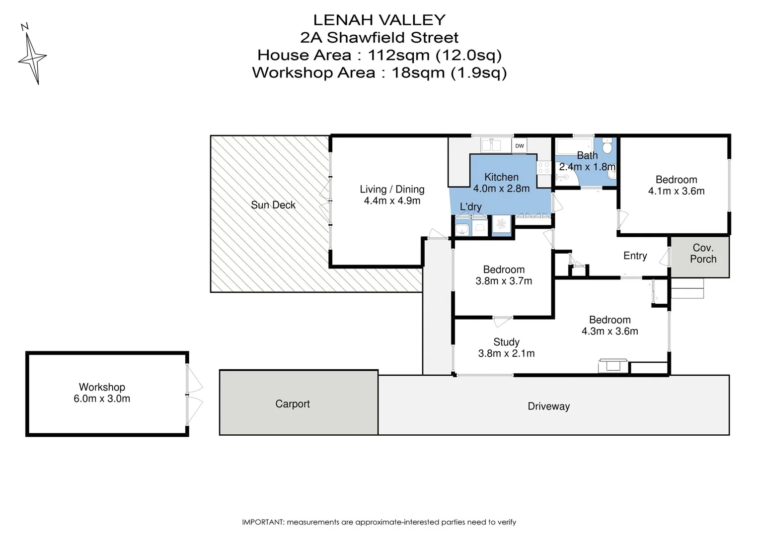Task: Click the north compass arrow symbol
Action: (32, 54)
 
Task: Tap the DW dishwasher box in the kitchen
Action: (520, 146)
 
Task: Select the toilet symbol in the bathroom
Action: (607, 146)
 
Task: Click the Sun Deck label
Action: (273, 205)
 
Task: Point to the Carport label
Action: (293, 403)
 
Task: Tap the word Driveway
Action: (548, 406)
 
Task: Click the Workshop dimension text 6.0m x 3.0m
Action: (102, 399)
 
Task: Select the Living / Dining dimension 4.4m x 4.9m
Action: (392, 201)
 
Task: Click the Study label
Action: (506, 342)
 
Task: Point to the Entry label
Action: (635, 256)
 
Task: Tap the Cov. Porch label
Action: (703, 253)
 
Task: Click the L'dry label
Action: (470, 206)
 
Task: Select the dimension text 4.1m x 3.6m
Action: (677, 191)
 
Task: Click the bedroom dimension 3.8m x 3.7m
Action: (504, 281)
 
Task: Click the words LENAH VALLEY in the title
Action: (379, 20)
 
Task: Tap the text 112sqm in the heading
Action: (399, 55)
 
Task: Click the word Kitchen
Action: (501, 177)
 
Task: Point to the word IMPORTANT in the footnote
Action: (263, 522)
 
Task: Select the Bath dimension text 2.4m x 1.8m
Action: (587, 167)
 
